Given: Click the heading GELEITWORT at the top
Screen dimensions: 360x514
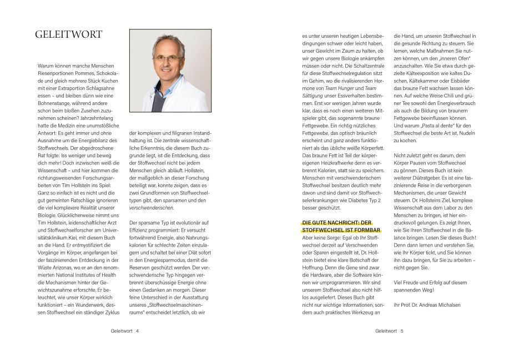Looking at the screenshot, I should [x=68, y=34].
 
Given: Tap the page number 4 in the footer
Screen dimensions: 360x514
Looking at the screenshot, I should [x=137, y=331].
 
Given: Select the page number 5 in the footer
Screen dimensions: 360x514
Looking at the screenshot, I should [x=401, y=331].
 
